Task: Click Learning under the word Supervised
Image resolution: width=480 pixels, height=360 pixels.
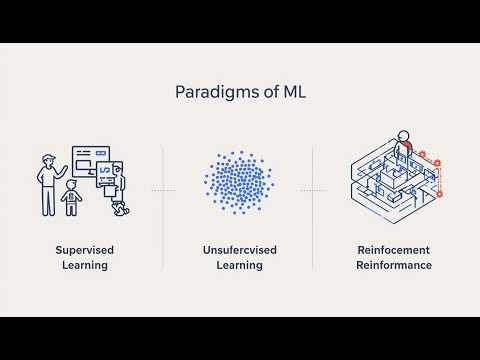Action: click(83, 266)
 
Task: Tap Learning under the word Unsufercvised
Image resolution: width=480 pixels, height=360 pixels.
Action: click(239, 266)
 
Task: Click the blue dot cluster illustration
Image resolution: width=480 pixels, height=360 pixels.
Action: click(239, 182)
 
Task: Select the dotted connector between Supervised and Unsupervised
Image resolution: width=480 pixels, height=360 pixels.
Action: click(163, 187)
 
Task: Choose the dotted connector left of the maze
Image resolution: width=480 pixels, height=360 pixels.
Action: click(313, 187)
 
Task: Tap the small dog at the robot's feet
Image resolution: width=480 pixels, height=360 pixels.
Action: click(121, 209)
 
